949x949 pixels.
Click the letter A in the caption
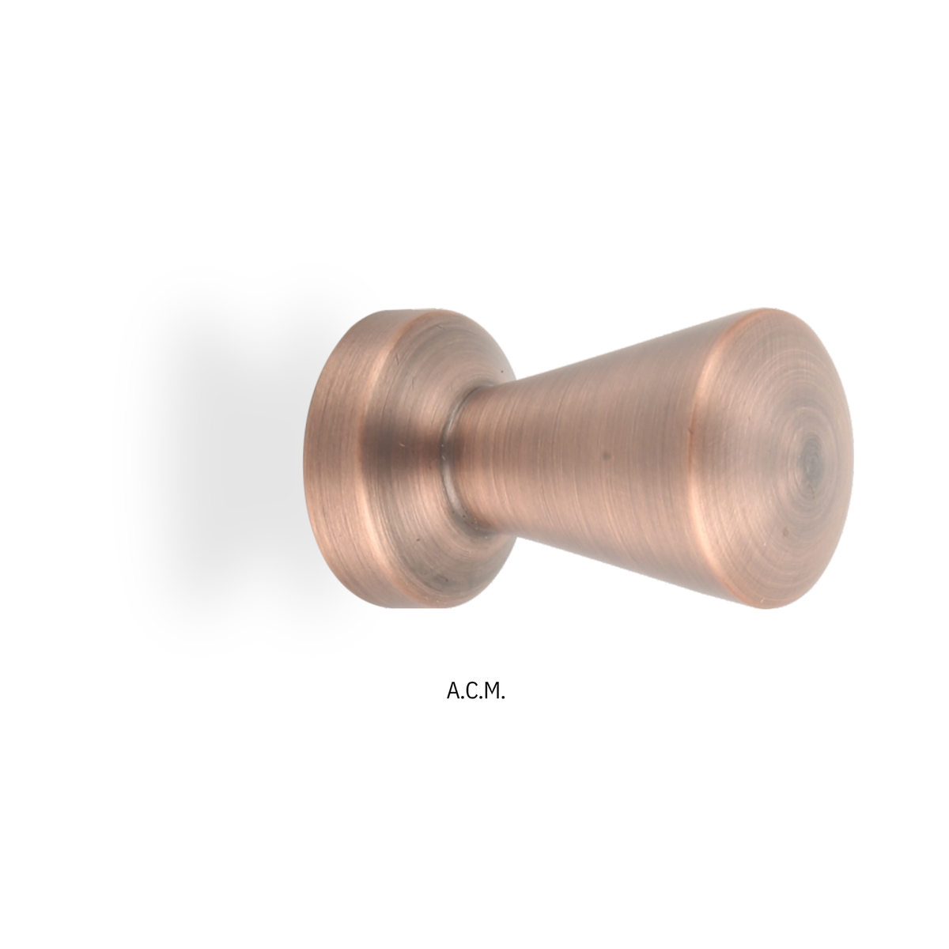point(453,691)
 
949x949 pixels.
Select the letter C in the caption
point(471,691)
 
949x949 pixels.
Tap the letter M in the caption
point(490,691)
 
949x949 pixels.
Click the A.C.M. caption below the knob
point(475,691)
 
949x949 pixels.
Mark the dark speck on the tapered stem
point(607,456)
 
